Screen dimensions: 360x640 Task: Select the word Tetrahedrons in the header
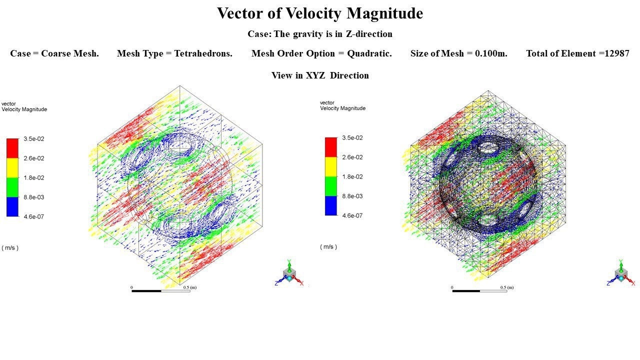[x=203, y=53]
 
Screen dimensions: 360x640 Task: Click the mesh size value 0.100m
[x=489, y=53]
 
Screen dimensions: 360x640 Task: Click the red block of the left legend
[x=12, y=148]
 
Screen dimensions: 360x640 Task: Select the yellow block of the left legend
[x=12, y=167]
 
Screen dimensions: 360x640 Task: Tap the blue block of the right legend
[x=331, y=205]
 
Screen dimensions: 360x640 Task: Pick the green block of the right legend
[x=331, y=186]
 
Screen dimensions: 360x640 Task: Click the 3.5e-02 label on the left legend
[x=34, y=139]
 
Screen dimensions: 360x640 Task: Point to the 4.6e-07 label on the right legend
[x=352, y=216]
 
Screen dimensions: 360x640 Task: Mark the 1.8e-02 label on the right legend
[x=352, y=177]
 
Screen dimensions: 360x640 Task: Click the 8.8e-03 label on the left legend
[x=34, y=197]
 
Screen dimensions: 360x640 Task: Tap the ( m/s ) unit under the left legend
[x=10, y=248]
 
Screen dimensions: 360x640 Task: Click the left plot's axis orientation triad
[x=289, y=273]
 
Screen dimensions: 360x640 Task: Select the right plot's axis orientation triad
[x=621, y=273]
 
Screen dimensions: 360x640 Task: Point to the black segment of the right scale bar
[x=465, y=290]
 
